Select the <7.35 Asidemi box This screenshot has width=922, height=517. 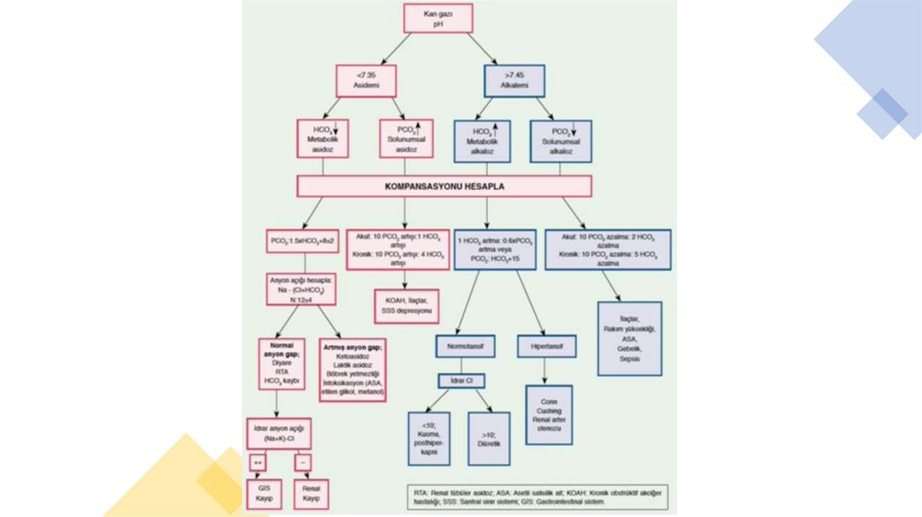[x=366, y=80]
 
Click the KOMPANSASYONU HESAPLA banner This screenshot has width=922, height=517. [x=445, y=186]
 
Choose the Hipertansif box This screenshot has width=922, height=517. [x=546, y=346]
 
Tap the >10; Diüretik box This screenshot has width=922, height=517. [x=490, y=439]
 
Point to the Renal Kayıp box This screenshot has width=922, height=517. [x=312, y=493]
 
